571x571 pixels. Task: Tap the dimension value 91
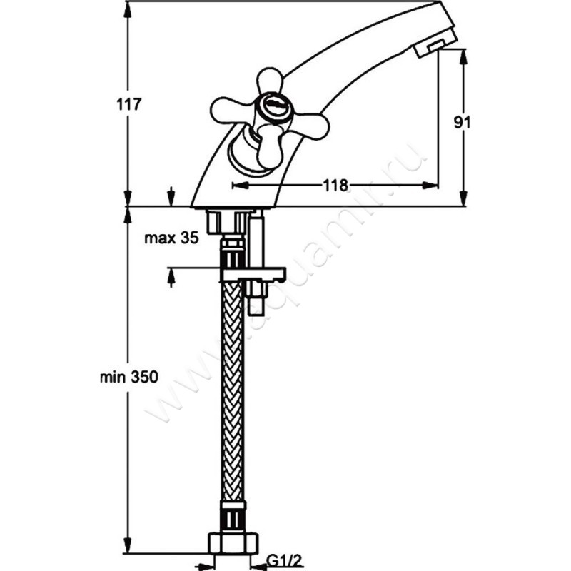pos(463,122)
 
